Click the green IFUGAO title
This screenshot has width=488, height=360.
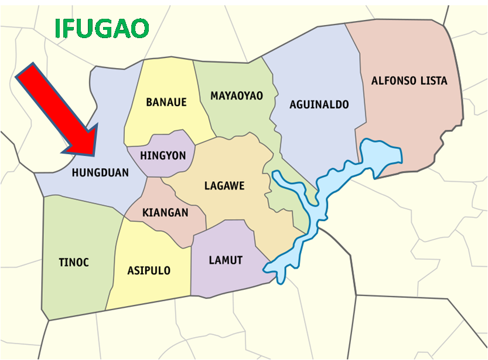click(x=102, y=28)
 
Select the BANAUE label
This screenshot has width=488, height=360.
click(x=166, y=102)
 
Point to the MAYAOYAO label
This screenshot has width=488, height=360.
click(x=237, y=96)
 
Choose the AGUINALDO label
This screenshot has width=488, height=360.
click(x=319, y=105)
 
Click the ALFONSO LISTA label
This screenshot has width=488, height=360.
click(x=409, y=80)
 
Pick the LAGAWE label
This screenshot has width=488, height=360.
click(x=224, y=186)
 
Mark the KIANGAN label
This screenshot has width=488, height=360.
click(x=165, y=212)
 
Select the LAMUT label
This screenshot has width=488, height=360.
click(x=226, y=260)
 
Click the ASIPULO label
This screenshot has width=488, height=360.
click(x=149, y=270)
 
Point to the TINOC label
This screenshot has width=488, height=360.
click(x=74, y=262)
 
